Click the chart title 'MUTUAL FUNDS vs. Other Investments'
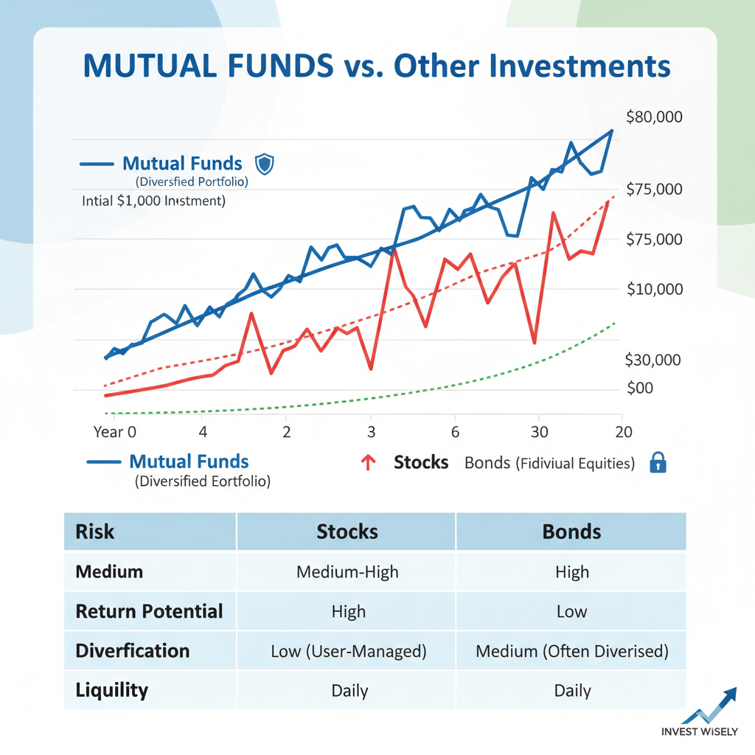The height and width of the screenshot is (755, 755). click(x=377, y=66)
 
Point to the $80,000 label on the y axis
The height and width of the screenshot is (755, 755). click(x=653, y=116)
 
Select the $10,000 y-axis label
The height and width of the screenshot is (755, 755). click(x=655, y=289)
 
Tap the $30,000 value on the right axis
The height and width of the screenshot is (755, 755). click(x=653, y=360)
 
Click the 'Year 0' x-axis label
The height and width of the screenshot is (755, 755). click(x=115, y=432)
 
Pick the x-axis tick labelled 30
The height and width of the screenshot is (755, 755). click(x=539, y=432)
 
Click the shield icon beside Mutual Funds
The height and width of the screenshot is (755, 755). click(x=263, y=164)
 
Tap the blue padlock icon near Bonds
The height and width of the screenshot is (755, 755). click(x=658, y=463)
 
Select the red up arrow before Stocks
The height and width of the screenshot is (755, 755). click(x=368, y=463)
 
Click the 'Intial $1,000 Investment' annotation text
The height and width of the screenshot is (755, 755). click(x=154, y=200)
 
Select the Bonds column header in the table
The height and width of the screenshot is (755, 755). click(x=571, y=532)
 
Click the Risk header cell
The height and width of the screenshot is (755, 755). click(x=95, y=532)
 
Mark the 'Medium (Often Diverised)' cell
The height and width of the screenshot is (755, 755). click(x=571, y=651)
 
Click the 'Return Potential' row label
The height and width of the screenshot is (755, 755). click(x=149, y=611)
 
